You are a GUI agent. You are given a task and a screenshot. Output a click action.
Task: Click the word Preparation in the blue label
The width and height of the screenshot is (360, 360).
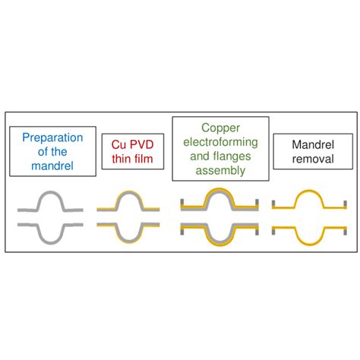click(48, 138)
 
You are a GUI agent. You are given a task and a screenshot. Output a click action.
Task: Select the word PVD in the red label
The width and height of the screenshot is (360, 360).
click(140, 142)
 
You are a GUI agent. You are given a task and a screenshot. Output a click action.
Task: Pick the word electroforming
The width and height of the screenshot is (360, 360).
click(220, 144)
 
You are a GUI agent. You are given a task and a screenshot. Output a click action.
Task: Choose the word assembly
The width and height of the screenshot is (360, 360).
click(220, 171)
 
